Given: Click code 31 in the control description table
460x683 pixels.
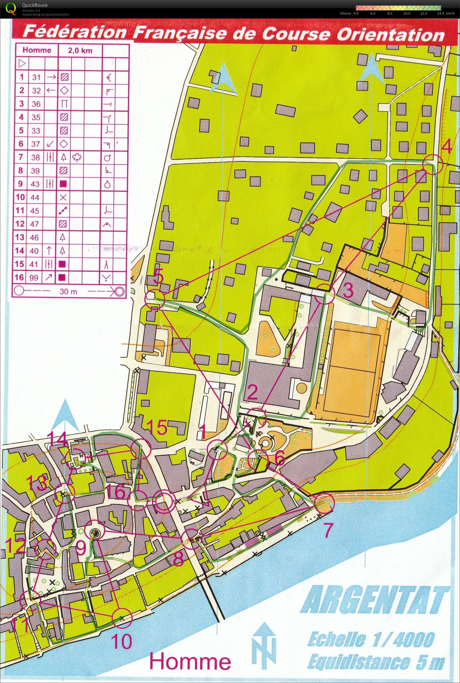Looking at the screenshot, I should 36,77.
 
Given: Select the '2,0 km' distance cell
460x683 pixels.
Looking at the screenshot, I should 80,50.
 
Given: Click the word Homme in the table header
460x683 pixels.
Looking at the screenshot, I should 37,50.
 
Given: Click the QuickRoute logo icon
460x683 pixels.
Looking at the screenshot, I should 12,8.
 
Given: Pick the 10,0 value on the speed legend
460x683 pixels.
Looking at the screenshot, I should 406,14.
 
